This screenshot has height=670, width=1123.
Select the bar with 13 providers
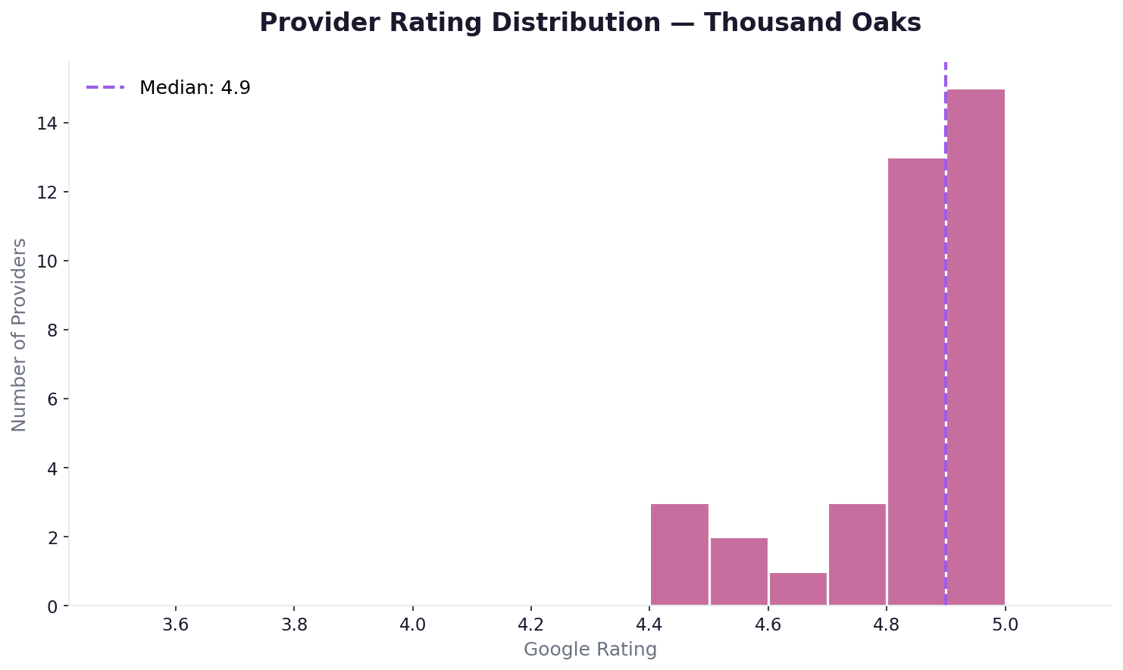point(916,382)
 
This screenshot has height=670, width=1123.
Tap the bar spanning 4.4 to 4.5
point(680,555)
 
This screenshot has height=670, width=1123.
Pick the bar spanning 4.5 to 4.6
point(739,571)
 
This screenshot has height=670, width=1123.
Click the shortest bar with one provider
point(798,589)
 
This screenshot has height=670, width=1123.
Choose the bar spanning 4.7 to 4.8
point(857,555)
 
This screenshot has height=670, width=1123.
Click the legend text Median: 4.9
point(195,88)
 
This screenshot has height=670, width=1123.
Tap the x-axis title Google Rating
point(590,650)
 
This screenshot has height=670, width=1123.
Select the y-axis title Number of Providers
point(20,334)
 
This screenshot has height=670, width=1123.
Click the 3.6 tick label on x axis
point(176,626)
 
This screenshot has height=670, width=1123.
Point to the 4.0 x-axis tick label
point(412,626)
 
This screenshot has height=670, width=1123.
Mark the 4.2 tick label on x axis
point(531,626)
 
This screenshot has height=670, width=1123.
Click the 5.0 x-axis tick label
point(1005,626)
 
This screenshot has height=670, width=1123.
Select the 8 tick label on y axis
point(52,330)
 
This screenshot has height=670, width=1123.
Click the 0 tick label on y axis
point(52,606)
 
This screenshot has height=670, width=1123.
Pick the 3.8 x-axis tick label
point(294,626)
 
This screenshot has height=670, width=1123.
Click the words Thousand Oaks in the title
point(812,23)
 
